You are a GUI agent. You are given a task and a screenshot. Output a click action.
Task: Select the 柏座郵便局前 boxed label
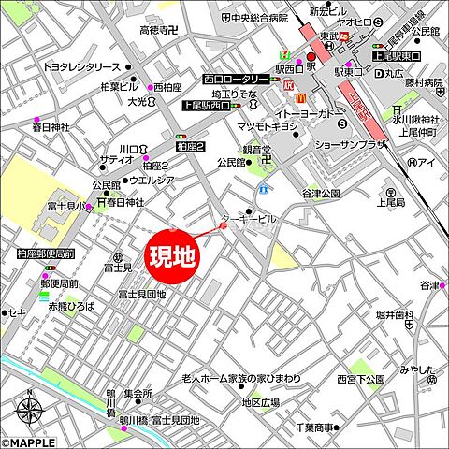[x=45, y=253]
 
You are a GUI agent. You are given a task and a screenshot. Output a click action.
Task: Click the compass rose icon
[x=29, y=411]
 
